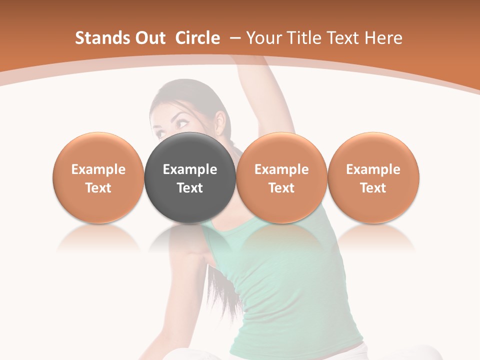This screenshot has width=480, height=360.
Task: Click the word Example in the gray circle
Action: [x=190, y=169]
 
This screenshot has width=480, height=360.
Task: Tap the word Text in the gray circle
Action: [x=190, y=188]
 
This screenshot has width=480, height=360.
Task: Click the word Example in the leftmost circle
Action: [x=98, y=169]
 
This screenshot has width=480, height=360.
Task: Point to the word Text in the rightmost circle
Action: [x=373, y=188]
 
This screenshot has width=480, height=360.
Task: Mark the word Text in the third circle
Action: [x=281, y=188]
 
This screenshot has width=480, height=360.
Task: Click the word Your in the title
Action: [x=262, y=38]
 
